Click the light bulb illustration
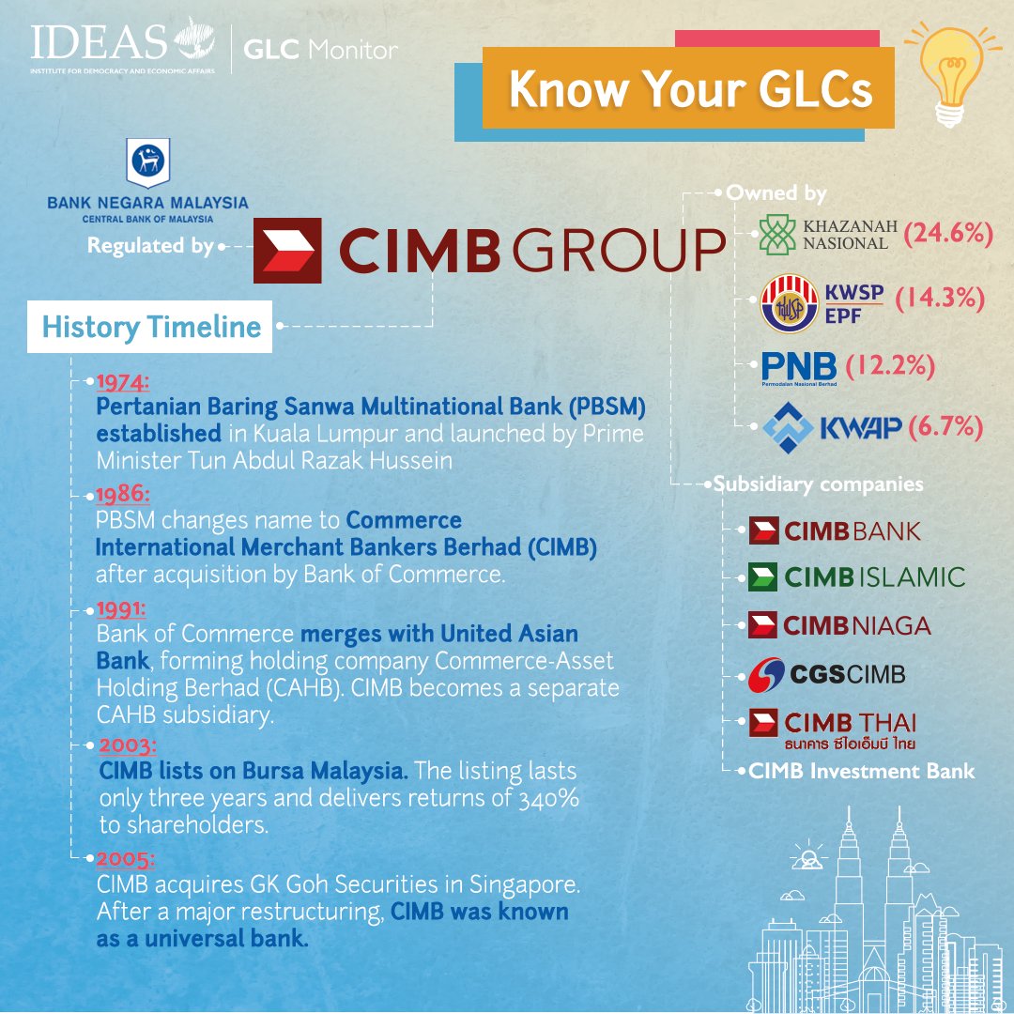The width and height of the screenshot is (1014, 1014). pos(950,74)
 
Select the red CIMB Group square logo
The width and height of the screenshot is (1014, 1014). pos(287,251)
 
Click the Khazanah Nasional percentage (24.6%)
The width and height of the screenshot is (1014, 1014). pos(947,233)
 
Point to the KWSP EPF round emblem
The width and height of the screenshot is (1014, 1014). pos(789,303)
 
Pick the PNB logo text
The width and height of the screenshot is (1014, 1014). pos(799,367)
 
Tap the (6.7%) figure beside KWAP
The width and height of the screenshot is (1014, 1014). pos(945,427)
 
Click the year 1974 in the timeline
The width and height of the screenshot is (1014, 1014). pos(122,382)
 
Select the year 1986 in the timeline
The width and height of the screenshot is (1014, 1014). pos(122,495)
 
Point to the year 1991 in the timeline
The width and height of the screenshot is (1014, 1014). pos(121,609)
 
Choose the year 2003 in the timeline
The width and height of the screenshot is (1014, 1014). pos(128,745)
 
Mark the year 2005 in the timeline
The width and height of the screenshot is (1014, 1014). pos(126,859)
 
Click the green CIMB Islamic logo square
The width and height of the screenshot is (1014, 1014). pos(762,576)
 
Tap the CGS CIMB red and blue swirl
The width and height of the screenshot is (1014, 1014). pos(766,675)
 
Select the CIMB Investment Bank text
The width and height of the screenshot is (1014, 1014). pos(861,771)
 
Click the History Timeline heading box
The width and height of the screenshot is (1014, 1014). pos(149,327)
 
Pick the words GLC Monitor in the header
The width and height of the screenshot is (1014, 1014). pos(321,50)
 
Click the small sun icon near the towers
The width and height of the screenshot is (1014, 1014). pos(807,855)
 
